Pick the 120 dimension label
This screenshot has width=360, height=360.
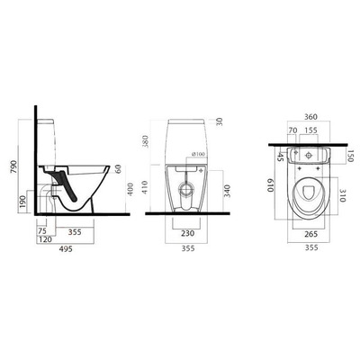tap(44, 240)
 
